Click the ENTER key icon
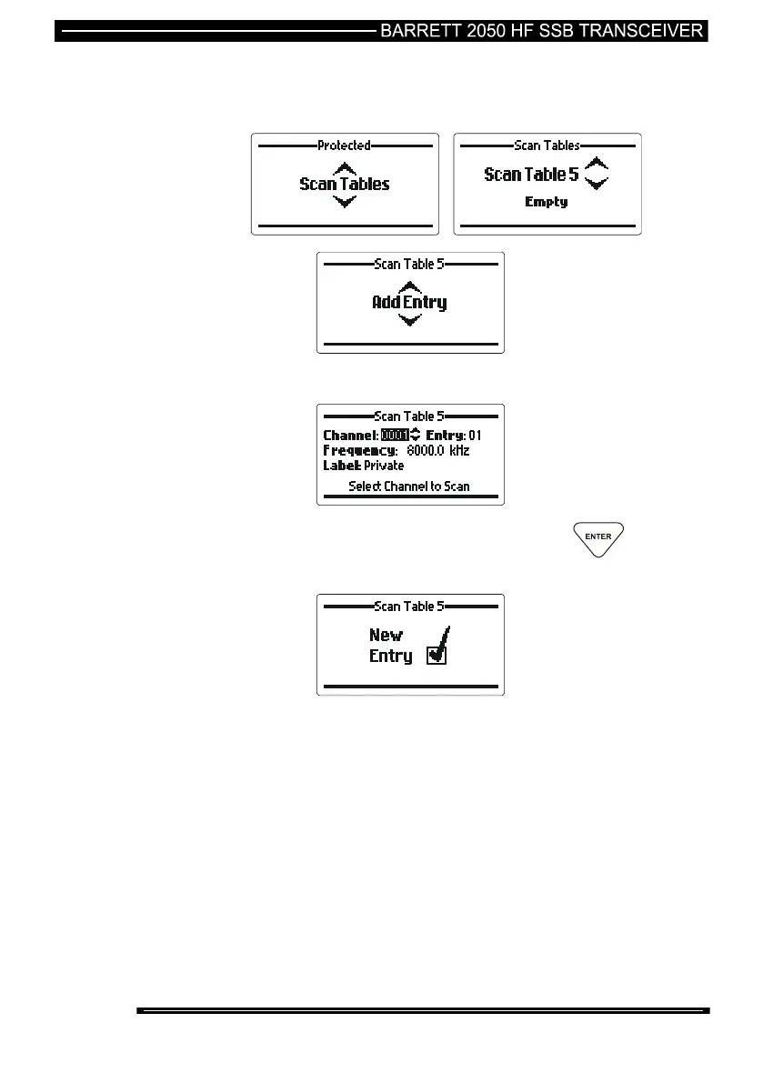coord(597,537)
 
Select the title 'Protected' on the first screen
coord(344,145)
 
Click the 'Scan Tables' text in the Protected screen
coord(344,184)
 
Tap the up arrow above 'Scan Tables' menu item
coord(344,168)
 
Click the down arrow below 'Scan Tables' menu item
coord(344,201)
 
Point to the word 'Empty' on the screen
coord(546,202)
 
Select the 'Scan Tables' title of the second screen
coord(547,145)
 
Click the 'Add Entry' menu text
coord(409,302)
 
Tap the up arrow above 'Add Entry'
coord(410,286)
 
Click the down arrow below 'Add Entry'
coord(410,319)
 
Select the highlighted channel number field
coord(395,436)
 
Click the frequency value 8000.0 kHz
coord(437,450)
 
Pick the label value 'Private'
coord(384,466)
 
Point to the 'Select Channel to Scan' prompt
coord(409,486)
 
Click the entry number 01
coord(475,436)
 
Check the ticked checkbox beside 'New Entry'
coord(437,655)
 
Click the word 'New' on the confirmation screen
coord(386,636)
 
